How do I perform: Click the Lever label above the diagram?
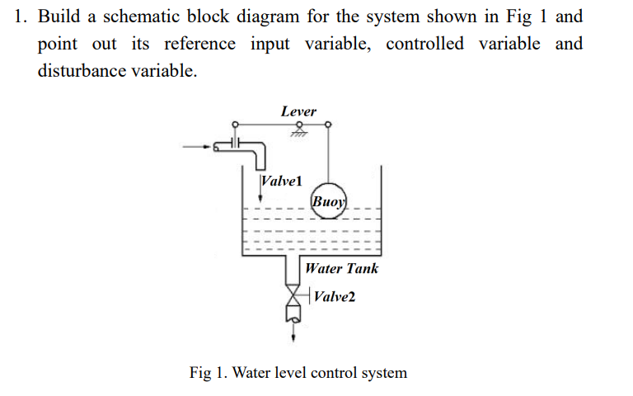pyautogui.click(x=298, y=111)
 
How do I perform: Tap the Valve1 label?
pyautogui.click(x=281, y=180)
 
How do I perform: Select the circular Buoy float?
pyautogui.click(x=330, y=200)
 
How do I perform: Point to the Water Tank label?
pyautogui.click(x=341, y=268)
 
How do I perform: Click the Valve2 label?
pyautogui.click(x=334, y=296)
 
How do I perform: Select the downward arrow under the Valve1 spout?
pyautogui.click(x=261, y=198)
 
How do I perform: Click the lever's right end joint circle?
pyautogui.click(x=329, y=125)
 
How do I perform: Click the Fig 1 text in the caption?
pyautogui.click(x=208, y=372)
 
